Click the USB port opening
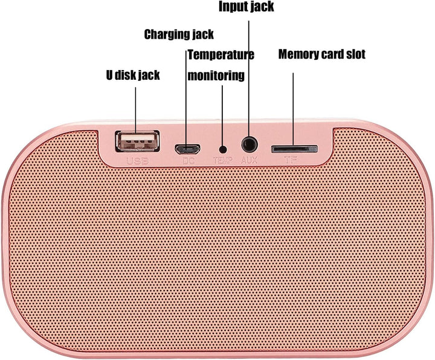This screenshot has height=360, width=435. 137,141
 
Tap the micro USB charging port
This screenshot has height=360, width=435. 187,149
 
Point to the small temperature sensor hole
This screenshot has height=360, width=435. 223,150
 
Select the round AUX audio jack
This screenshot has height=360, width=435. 250,144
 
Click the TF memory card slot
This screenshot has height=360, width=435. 294,149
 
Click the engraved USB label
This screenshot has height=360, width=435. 137,161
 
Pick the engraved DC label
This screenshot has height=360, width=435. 188,160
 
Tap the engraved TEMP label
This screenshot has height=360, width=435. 223,160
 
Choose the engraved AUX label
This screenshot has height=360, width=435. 250,159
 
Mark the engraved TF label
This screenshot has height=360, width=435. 291,159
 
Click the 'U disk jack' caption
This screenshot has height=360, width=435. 133,75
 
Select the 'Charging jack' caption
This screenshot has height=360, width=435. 179,34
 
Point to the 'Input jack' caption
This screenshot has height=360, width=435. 246,7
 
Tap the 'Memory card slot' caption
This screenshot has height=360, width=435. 322,54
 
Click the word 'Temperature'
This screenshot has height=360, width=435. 221,55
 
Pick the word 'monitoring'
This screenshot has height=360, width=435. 216,76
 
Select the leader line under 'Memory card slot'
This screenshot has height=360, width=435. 293,109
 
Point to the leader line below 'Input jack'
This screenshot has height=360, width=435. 248,78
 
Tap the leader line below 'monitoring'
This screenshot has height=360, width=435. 222,116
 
